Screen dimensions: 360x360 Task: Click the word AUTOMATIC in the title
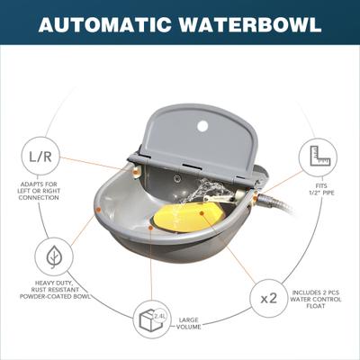point(105,24)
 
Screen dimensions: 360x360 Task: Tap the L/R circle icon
point(40,156)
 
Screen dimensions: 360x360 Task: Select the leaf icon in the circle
point(54,256)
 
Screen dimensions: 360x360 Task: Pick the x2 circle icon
point(269,299)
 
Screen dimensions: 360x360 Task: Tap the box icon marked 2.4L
point(151,319)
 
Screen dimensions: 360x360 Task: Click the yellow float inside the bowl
point(188,217)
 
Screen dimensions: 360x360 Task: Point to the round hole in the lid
point(202,126)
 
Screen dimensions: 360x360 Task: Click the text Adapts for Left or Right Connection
point(40,191)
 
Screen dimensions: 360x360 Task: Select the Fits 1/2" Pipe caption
point(321,190)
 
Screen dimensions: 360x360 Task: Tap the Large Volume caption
point(188,323)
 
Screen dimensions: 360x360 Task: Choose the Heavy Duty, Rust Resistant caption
point(55,290)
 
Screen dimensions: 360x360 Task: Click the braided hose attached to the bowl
point(276,203)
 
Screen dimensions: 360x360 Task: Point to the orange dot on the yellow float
point(202,213)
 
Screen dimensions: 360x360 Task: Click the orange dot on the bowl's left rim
point(98,210)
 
